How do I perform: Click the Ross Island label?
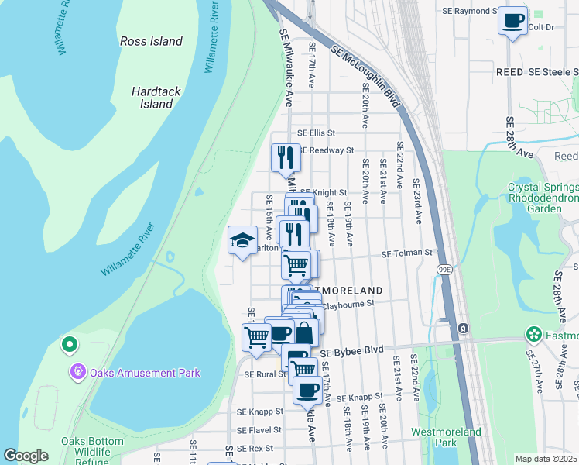pos(151,41)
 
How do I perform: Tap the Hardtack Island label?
pos(156,98)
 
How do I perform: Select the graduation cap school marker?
pos(242,240)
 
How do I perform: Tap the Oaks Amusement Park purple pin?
pos(77,373)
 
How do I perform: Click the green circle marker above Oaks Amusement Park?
pos(69,343)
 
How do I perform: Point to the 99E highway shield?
pos(444,270)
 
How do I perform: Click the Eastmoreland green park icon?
pos(533,335)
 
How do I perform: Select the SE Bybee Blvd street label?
pos(351,350)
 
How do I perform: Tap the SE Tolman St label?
pos(406,253)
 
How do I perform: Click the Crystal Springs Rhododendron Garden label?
pos(542,198)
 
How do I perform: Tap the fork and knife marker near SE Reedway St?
pos(285,157)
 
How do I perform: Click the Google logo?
pos(26,456)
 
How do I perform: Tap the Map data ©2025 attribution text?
pos(546,459)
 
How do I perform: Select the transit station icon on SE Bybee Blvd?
pos(462,328)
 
